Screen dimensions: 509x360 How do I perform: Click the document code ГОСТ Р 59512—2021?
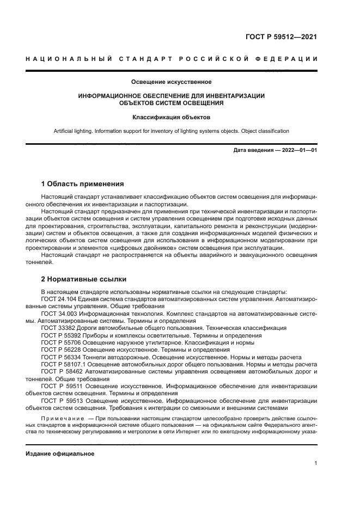click(x=281, y=37)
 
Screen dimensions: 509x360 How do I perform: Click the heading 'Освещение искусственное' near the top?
click(x=172, y=82)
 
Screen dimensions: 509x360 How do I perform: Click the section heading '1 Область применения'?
click(x=82, y=183)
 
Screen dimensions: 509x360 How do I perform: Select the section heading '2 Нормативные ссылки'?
click(x=84, y=279)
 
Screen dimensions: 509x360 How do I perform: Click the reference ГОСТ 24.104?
click(x=59, y=299)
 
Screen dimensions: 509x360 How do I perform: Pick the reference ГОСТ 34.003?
click(x=59, y=314)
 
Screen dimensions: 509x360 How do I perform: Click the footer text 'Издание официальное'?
click(x=60, y=453)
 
